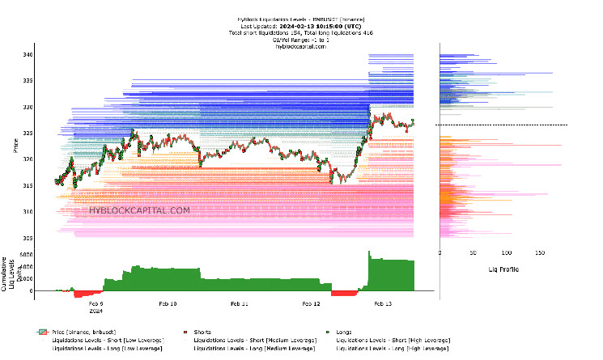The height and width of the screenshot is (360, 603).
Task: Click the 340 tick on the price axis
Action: point(27,55)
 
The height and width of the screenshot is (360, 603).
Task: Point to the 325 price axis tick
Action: point(27,133)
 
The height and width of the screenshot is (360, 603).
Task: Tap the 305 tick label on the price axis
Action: point(27,238)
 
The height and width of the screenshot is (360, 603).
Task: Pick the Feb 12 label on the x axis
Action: point(312,303)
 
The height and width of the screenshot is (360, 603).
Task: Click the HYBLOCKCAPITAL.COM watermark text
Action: point(140,210)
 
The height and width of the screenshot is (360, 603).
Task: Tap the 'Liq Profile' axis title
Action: point(503,269)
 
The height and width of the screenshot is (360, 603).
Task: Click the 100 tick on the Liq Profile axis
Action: point(506,253)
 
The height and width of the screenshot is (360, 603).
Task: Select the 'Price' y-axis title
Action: point(15,146)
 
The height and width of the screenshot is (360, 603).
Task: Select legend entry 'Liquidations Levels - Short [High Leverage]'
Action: point(393,341)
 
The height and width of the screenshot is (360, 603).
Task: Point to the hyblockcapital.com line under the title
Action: point(299,46)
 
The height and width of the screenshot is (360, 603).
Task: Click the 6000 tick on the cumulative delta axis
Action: point(25,255)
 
